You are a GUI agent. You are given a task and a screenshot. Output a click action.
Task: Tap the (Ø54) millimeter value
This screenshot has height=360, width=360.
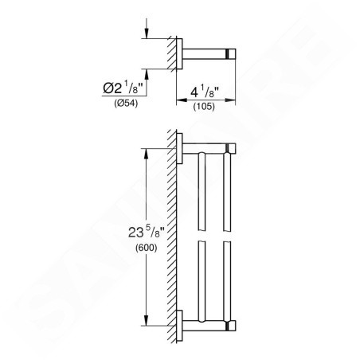(126, 103)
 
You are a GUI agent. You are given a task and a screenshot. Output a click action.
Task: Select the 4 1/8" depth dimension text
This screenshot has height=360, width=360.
(205, 92)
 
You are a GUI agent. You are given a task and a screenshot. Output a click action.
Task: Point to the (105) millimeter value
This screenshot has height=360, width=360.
(204, 106)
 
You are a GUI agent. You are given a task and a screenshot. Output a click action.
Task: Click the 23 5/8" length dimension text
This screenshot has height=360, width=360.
(147, 232)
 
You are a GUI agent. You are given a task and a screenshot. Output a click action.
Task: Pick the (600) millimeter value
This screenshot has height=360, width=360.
(147, 248)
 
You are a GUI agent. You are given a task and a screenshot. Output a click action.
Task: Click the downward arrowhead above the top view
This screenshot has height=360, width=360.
(147, 34)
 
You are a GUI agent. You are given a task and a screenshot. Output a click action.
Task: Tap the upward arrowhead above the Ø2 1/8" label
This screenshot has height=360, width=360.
(147, 73)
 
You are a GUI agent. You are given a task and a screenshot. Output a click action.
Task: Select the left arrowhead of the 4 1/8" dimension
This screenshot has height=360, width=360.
(182, 100)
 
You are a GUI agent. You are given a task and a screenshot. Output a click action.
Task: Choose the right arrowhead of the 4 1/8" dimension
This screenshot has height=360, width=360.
(230, 100)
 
